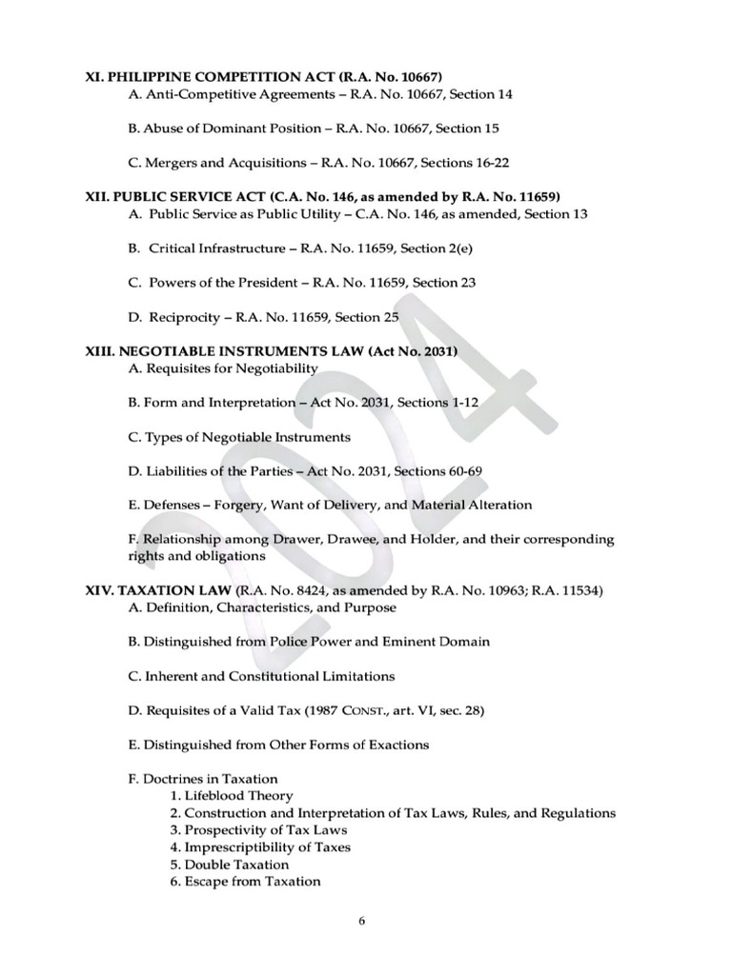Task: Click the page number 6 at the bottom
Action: [363, 921]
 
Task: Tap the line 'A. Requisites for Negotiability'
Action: [223, 368]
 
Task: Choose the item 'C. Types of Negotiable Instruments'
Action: [239, 437]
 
